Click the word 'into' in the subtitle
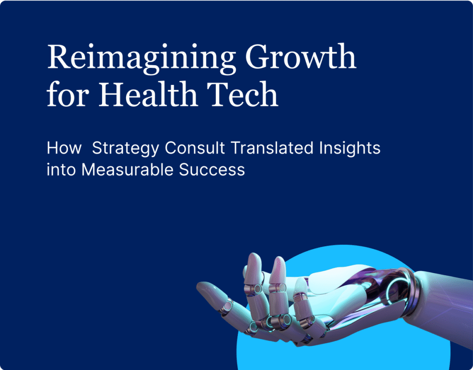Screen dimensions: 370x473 pos(61,170)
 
